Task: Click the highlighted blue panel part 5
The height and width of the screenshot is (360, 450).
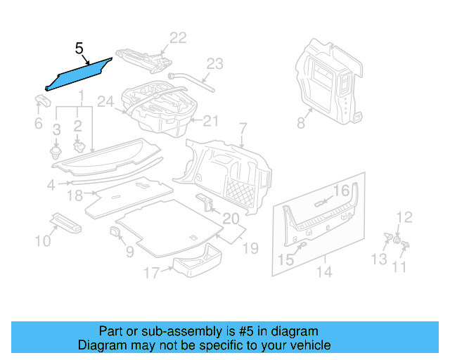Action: click(77, 74)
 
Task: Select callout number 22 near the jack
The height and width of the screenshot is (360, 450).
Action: click(178, 37)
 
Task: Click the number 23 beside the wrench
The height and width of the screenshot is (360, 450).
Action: click(214, 65)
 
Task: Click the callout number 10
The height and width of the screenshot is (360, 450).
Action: click(43, 242)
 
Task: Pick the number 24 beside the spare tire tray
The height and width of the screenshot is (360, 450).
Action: click(105, 103)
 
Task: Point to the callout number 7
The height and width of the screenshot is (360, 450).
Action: click(243, 129)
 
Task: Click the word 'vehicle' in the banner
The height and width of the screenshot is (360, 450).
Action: click(310, 345)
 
